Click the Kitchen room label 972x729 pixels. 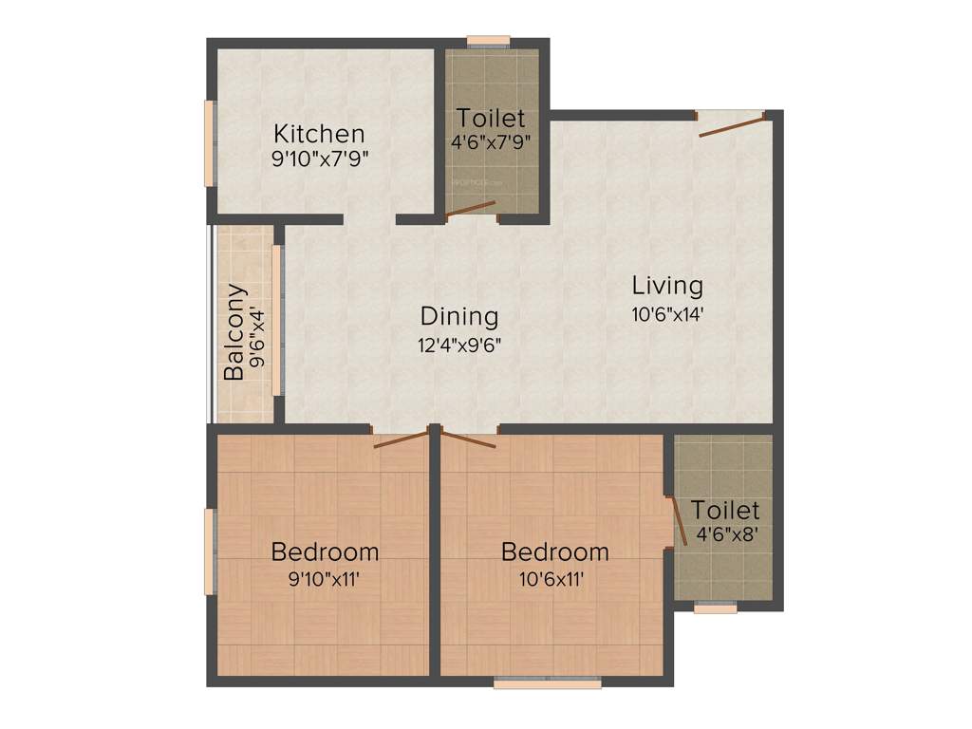[x=319, y=134]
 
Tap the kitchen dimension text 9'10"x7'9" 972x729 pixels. [x=319, y=159]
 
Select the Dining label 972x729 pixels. [x=459, y=316]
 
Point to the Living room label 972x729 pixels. [x=667, y=285]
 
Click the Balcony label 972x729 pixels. [x=234, y=332]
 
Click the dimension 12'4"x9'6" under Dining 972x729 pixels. [x=459, y=345]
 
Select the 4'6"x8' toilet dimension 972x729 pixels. [x=726, y=533]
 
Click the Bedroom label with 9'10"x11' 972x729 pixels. [x=325, y=551]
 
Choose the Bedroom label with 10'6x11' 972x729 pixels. [x=555, y=551]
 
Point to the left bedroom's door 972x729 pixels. [x=401, y=439]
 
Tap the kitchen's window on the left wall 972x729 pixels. [x=209, y=143]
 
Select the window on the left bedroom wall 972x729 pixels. [x=209, y=551]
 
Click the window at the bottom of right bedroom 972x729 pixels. [x=547, y=682]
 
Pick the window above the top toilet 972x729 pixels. [x=489, y=42]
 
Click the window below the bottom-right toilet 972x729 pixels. [x=715, y=607]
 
